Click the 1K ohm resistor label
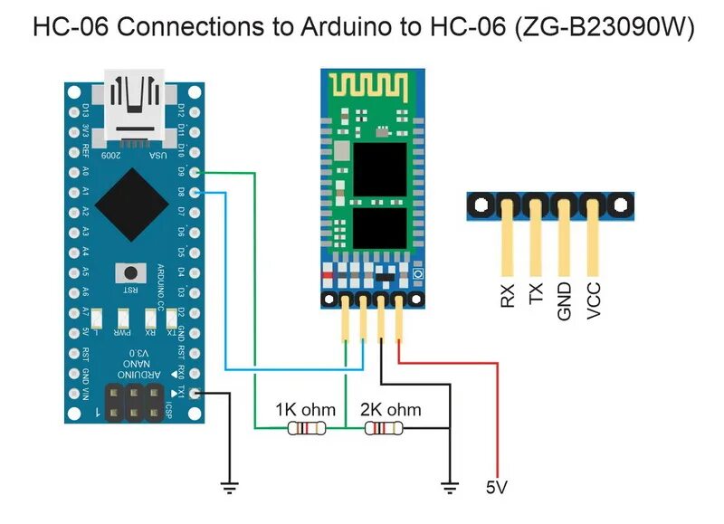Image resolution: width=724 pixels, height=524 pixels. click(x=305, y=410)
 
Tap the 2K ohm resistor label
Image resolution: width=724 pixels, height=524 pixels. click(x=390, y=410)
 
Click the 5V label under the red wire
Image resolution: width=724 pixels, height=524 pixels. click(x=496, y=488)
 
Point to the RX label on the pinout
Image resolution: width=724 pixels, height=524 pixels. click(x=508, y=297)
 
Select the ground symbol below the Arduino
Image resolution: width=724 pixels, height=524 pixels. click(x=231, y=488)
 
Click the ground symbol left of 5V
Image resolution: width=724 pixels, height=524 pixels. click(x=448, y=489)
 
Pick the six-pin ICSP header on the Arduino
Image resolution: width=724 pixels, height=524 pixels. click(x=136, y=402)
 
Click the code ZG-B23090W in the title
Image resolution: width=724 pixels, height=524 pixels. click(x=604, y=27)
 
